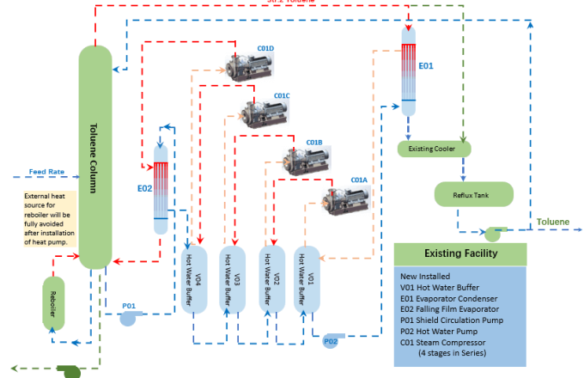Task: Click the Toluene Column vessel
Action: click(95, 155)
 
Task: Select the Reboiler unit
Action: click(54, 302)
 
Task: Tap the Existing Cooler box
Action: click(435, 149)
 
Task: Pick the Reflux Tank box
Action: click(474, 193)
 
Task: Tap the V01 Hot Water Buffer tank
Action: click(307, 279)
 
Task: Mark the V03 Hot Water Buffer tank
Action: click(234, 279)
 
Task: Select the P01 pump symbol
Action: click(128, 317)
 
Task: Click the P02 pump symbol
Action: click(331, 342)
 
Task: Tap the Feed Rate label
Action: click(46, 172)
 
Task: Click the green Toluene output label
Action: click(552, 222)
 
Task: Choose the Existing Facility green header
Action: click(459, 253)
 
